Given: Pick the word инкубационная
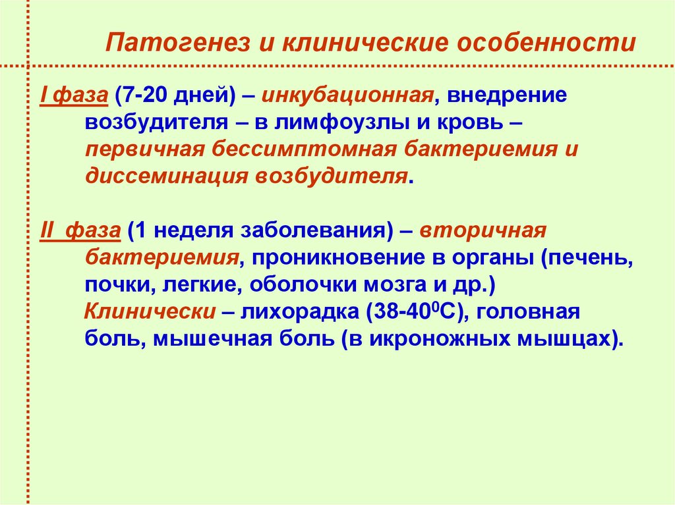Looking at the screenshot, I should (347, 95).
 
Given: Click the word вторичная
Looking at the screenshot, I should (483, 231).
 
